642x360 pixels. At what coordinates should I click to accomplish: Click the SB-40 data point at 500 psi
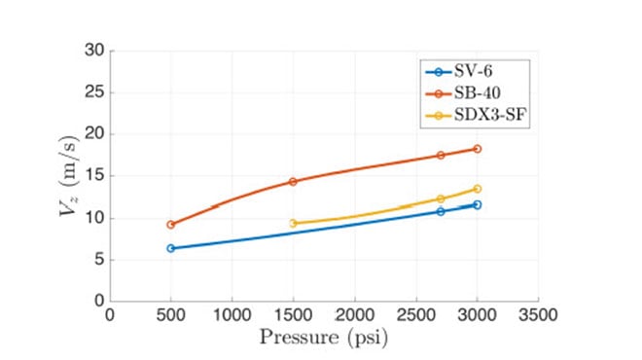171,225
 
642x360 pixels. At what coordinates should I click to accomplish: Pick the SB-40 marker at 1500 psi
293,182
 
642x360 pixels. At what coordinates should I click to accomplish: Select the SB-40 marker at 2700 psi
441,155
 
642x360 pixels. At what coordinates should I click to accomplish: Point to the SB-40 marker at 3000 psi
477,149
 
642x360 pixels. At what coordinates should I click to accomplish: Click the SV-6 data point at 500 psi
171,248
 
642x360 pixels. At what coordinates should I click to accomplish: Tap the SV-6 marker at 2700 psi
441,211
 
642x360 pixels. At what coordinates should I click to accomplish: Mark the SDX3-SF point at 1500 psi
293,223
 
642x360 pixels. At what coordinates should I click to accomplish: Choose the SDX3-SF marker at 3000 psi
477,189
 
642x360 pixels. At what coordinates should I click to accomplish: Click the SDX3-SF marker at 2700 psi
441,198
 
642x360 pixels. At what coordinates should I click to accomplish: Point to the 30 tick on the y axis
94,51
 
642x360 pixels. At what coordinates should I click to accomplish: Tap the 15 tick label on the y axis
94,176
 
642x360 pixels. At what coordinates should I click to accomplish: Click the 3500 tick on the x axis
538,316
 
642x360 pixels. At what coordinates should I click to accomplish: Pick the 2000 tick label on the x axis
354,316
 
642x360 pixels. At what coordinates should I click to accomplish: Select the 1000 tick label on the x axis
232,316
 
